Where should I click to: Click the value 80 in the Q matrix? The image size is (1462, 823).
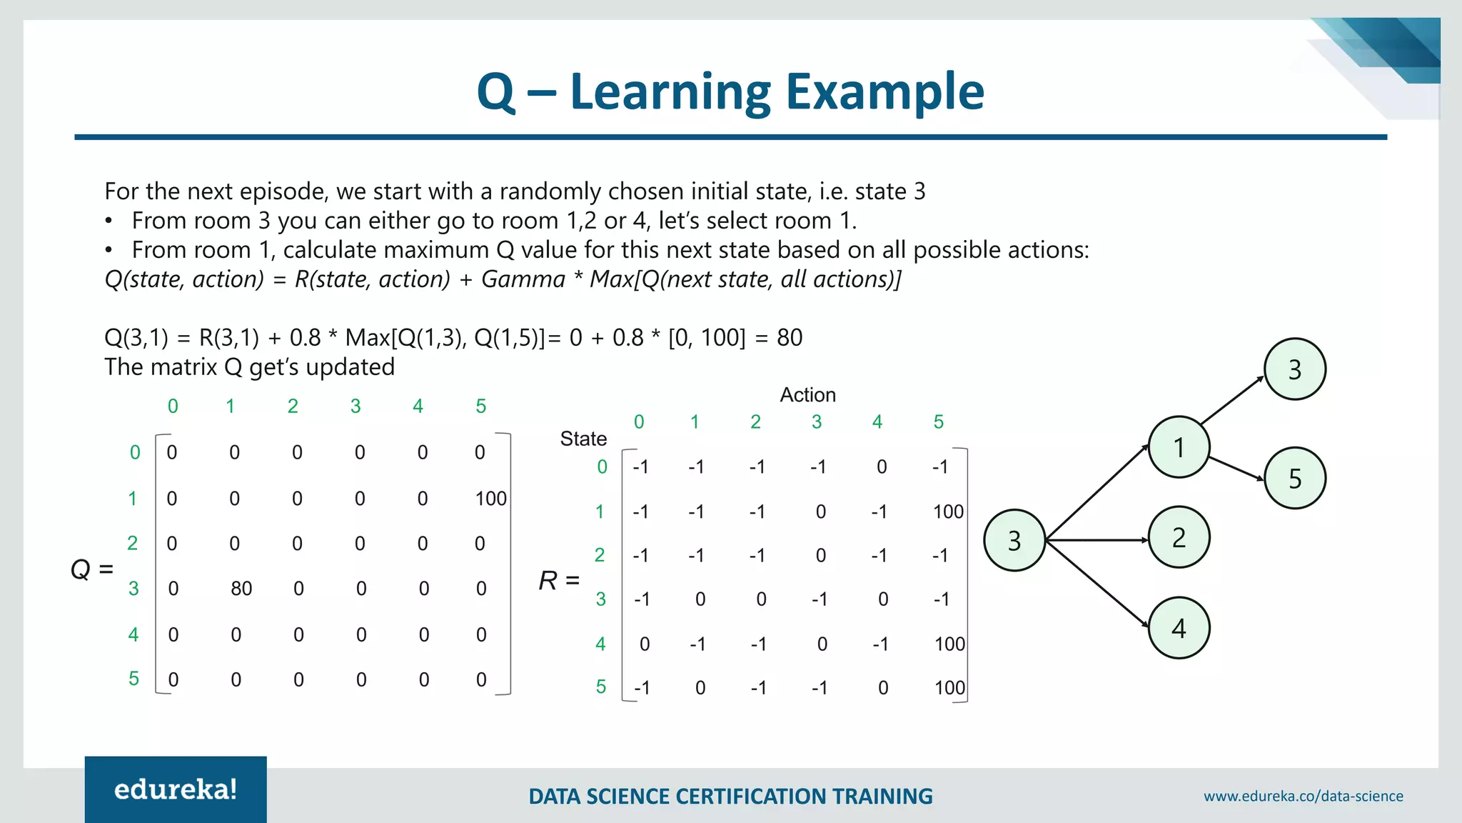[x=241, y=589]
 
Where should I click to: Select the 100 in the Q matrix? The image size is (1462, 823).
[x=491, y=499]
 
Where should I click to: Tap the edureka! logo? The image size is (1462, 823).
[x=176, y=789]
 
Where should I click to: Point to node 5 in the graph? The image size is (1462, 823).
[x=1295, y=479]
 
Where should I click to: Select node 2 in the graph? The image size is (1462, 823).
[x=1179, y=537]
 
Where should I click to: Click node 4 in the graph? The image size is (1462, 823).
[x=1179, y=628]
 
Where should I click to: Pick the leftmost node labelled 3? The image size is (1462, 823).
[x=1014, y=541]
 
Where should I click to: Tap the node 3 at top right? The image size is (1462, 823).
[x=1295, y=369]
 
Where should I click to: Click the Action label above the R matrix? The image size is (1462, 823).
[x=807, y=395]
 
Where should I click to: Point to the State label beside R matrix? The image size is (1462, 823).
[x=583, y=439]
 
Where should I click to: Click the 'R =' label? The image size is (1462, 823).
[x=559, y=581]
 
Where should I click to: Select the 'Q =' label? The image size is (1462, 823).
[x=92, y=569]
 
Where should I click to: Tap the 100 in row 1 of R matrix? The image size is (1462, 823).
[x=948, y=512]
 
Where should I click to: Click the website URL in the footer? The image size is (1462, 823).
[x=1303, y=796]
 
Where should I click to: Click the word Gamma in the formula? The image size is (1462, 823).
[x=523, y=279]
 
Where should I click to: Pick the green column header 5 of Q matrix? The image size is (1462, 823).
[x=480, y=406]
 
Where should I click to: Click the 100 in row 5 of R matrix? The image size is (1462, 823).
[x=949, y=688]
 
